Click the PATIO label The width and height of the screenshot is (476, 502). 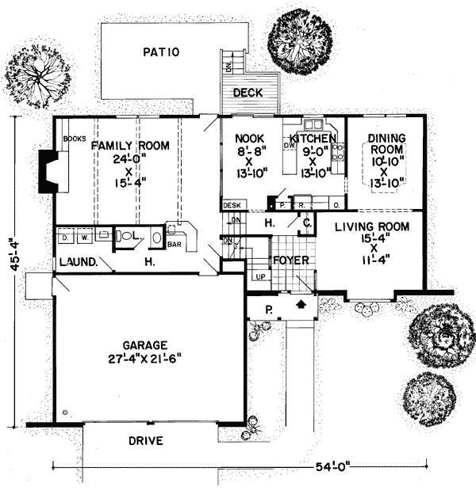pos(163,53)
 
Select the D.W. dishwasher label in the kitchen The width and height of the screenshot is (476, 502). pos(290,146)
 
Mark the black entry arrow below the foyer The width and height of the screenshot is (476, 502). pos(301,302)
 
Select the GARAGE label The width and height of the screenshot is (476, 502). pos(144,345)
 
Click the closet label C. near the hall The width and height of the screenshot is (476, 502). pos(305,224)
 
